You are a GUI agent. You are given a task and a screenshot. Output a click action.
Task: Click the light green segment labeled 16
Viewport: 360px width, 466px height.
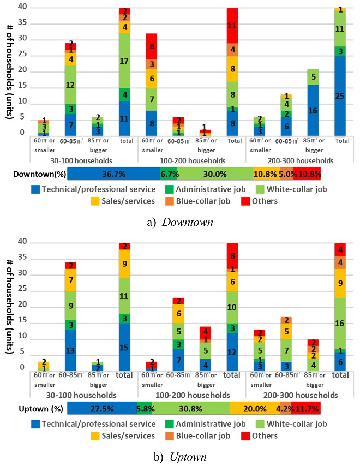click(x=340, y=322)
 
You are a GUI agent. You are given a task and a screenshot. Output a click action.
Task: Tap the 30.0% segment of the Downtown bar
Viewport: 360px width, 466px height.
click(x=215, y=174)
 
